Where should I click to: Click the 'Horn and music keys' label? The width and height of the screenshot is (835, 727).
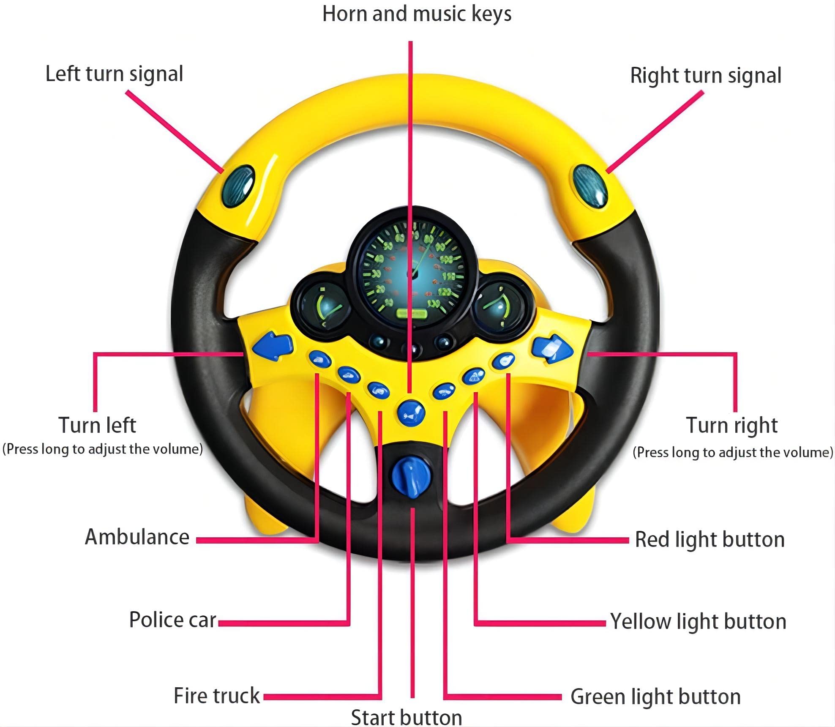[417, 14]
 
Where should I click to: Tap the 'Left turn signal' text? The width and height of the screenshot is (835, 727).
[114, 74]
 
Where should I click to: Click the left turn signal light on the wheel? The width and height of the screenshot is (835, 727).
[238, 186]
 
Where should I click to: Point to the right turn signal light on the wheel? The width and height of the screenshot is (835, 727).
[590, 186]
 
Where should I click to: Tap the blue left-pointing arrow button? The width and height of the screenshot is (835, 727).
[273, 346]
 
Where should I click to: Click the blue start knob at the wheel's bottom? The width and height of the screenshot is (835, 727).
[411, 476]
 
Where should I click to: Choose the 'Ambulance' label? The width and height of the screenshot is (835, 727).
[137, 537]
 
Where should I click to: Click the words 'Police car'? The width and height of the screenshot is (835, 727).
[173, 620]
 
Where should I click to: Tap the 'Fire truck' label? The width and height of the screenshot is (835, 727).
[217, 696]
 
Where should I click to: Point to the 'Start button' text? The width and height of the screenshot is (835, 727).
[407, 717]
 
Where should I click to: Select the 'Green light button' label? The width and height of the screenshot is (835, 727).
[655, 697]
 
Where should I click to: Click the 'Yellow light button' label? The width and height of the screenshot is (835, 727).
[698, 622]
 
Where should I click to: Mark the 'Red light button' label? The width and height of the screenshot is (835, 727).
[710, 540]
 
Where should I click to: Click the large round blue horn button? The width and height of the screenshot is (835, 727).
[411, 413]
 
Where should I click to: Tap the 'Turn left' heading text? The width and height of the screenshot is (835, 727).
[97, 425]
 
